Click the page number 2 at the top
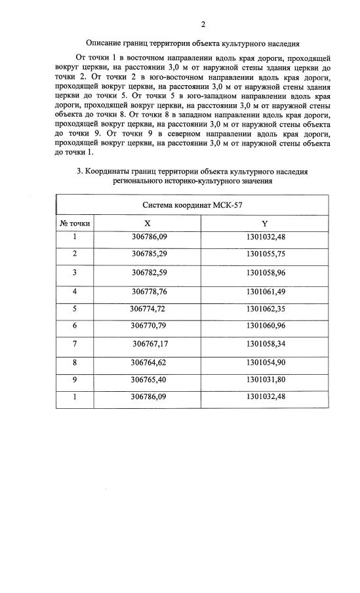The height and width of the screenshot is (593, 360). point(203,25)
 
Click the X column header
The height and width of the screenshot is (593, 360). point(148,223)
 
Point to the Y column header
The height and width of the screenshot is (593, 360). point(264,223)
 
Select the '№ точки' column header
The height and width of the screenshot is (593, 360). point(75,223)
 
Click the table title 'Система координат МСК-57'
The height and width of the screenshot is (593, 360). point(192,204)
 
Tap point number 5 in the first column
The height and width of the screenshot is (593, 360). point(75,308)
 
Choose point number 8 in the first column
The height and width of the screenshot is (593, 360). point(75,361)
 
